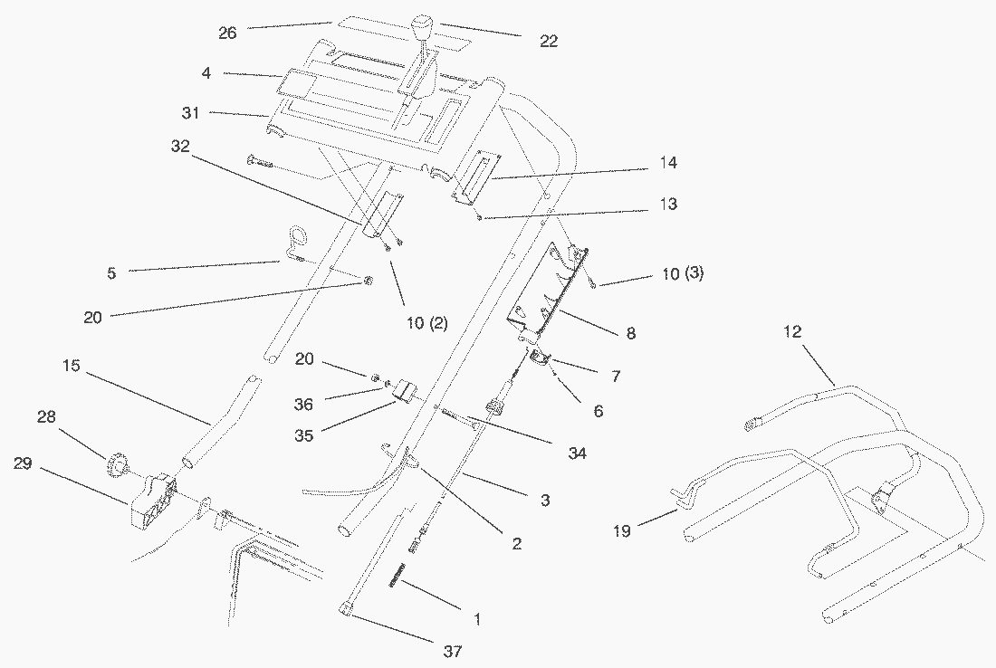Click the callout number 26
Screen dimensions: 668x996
pyautogui.click(x=227, y=33)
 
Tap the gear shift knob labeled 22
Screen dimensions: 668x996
pyautogui.click(x=423, y=24)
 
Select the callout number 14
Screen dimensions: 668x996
pyautogui.click(x=668, y=163)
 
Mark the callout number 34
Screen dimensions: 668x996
pyautogui.click(x=576, y=452)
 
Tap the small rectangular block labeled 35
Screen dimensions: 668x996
pyautogui.click(x=401, y=393)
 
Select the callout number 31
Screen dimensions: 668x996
pyautogui.click(x=190, y=113)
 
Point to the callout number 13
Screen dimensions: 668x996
pyautogui.click(x=668, y=205)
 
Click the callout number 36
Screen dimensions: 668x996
pyautogui.click(x=303, y=405)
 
